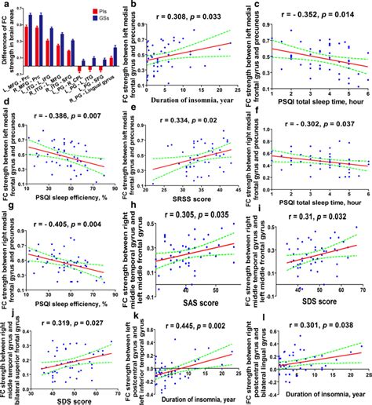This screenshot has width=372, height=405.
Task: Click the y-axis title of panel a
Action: click(6, 47)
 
